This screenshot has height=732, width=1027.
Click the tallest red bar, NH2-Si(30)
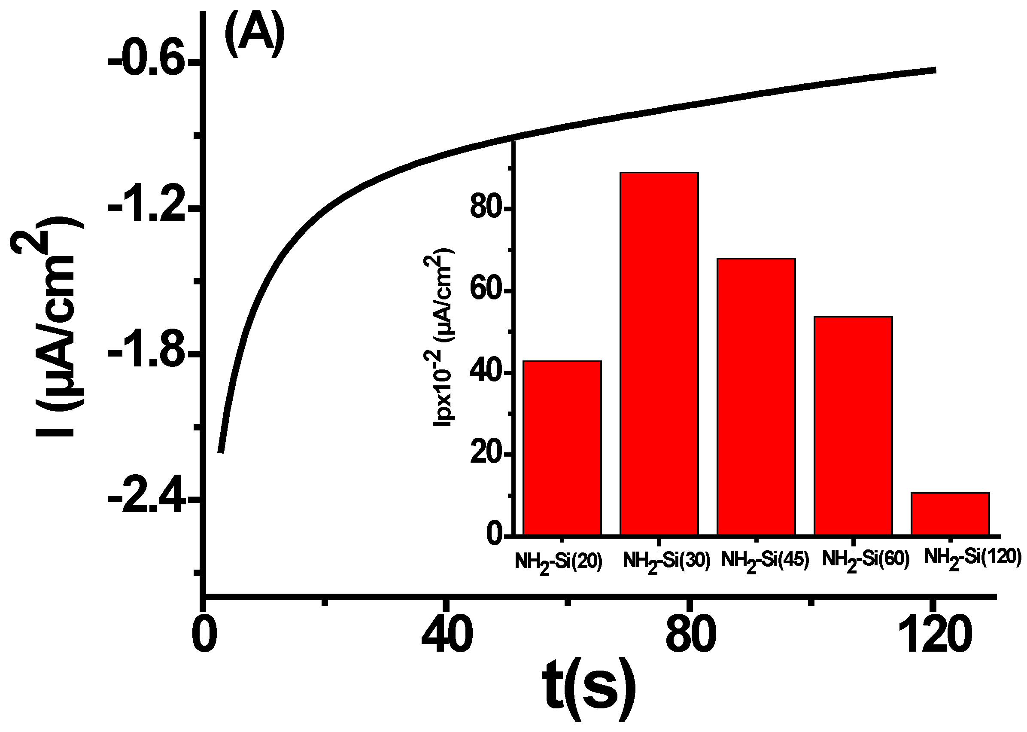point(659,354)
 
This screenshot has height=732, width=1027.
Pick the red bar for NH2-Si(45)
point(756,396)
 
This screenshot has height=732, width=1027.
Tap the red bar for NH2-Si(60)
point(853,426)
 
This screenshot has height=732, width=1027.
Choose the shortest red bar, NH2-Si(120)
point(950,514)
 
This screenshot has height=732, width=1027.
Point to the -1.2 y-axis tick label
point(146,208)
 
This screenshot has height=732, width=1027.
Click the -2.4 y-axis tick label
point(146,500)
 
